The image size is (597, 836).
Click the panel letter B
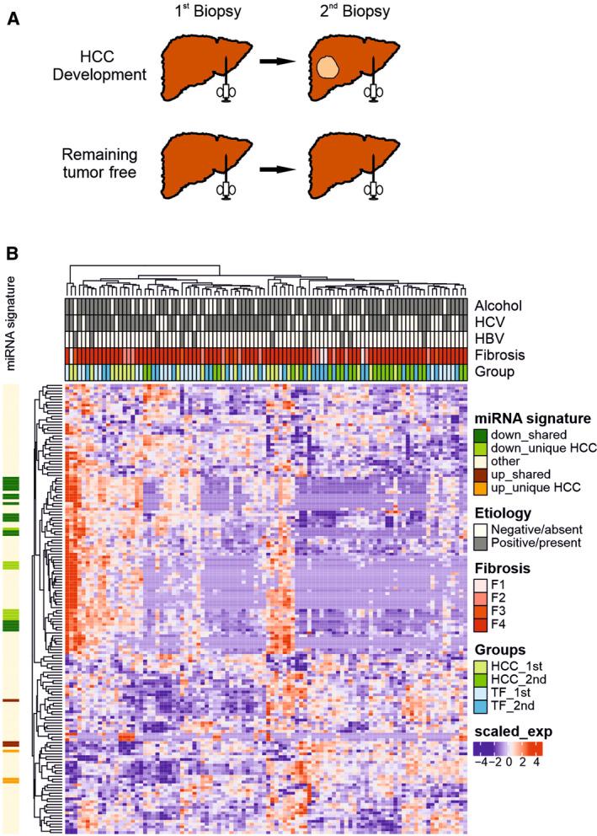point(13,252)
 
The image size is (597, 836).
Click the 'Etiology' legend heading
point(502,512)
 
